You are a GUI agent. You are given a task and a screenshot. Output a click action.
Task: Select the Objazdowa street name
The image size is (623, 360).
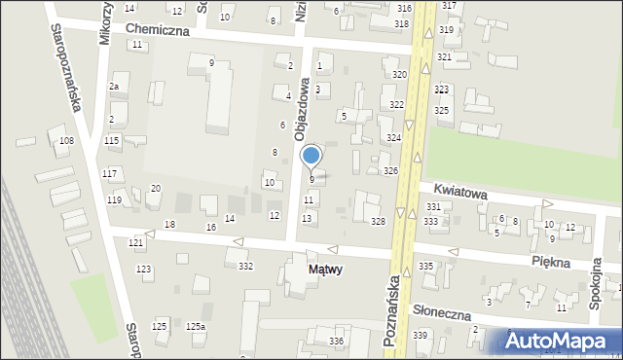(304, 110)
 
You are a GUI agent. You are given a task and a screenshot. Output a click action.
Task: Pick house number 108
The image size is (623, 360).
(66, 141)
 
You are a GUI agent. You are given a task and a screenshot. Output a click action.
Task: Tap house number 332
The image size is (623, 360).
(246, 266)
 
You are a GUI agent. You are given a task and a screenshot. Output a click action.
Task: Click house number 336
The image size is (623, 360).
(337, 341)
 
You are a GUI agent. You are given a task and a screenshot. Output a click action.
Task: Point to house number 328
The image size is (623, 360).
(378, 222)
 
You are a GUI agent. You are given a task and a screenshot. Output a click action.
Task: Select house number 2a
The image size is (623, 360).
(113, 88)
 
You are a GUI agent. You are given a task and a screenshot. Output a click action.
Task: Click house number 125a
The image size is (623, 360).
(197, 326)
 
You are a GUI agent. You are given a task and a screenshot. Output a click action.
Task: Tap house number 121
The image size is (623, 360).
(136, 241)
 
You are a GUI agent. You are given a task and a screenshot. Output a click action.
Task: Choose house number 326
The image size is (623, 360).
(390, 171)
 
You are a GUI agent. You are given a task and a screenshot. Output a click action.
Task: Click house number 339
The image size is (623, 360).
(420, 335)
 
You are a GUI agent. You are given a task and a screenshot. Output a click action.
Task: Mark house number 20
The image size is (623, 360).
(155, 188)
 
